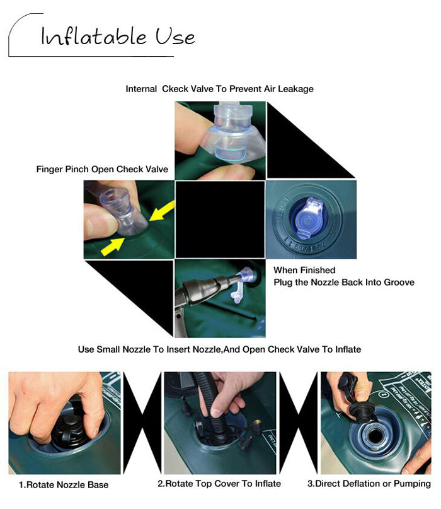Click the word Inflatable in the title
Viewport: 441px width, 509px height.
tap(94, 36)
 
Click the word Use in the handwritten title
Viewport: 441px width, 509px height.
tap(175, 36)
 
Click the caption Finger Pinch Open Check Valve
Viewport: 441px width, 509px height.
tap(102, 169)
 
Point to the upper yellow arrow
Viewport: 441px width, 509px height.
tap(162, 211)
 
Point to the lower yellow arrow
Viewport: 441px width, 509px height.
tap(113, 247)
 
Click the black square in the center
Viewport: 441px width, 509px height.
tap(220, 219)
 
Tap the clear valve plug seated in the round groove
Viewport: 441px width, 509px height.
tap(308, 218)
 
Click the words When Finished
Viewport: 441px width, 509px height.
tap(304, 270)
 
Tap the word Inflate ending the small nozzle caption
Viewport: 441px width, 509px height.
tap(348, 349)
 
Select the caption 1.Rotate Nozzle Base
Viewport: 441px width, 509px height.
tap(64, 484)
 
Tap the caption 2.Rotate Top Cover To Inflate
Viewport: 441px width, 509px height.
tap(219, 484)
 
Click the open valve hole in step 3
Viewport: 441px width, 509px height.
tap(375, 436)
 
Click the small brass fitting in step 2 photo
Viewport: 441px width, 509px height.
tap(258, 423)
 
